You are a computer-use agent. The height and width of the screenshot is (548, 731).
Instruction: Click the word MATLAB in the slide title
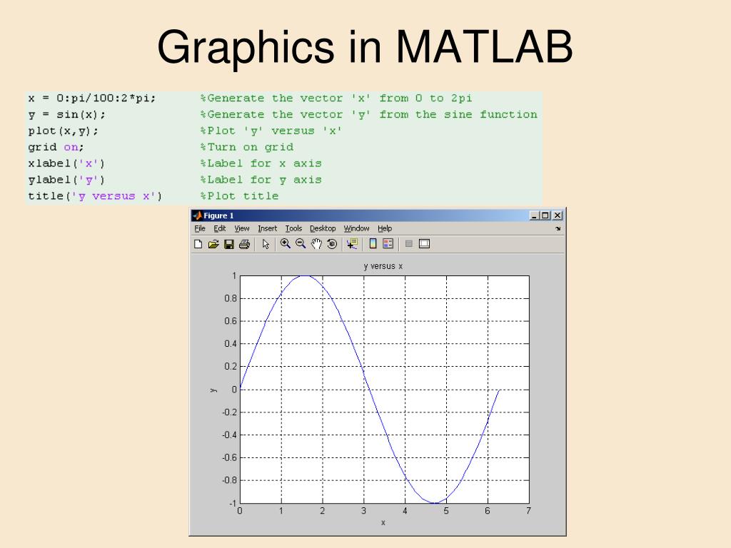click(485, 48)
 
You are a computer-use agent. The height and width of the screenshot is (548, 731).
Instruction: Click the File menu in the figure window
click(199, 228)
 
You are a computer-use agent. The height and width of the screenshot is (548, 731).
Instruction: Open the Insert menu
click(268, 228)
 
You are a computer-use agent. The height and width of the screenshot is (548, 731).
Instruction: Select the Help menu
click(385, 228)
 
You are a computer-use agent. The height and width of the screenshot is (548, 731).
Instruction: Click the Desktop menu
click(323, 228)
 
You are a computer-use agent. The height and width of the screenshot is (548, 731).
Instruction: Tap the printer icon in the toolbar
click(244, 244)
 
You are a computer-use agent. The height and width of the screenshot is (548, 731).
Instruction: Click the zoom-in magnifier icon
click(286, 244)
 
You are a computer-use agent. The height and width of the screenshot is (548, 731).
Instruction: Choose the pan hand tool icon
click(316, 244)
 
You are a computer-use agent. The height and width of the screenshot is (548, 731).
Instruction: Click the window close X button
click(558, 215)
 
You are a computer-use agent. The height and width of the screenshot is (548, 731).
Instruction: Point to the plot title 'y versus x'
click(383, 266)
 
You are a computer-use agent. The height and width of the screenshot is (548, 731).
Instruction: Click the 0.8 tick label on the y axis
click(230, 298)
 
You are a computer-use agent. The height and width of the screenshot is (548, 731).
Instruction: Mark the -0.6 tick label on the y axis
click(228, 457)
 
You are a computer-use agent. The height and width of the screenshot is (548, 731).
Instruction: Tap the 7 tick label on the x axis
click(528, 511)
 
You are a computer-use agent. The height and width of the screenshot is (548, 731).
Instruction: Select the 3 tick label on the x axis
click(363, 511)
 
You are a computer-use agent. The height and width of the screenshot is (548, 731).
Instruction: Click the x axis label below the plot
click(383, 523)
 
